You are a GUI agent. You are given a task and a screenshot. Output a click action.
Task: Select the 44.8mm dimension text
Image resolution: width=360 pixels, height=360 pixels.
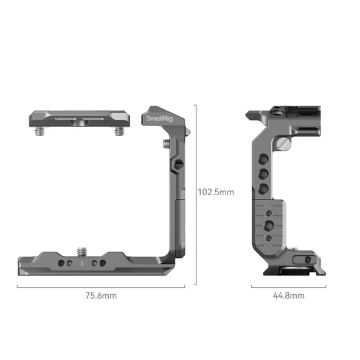[x=289, y=296]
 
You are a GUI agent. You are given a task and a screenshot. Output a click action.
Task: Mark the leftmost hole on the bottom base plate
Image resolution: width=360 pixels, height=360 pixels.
[x=61, y=263]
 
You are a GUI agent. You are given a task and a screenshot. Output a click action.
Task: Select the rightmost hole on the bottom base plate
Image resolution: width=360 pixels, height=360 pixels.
[x=103, y=263]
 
